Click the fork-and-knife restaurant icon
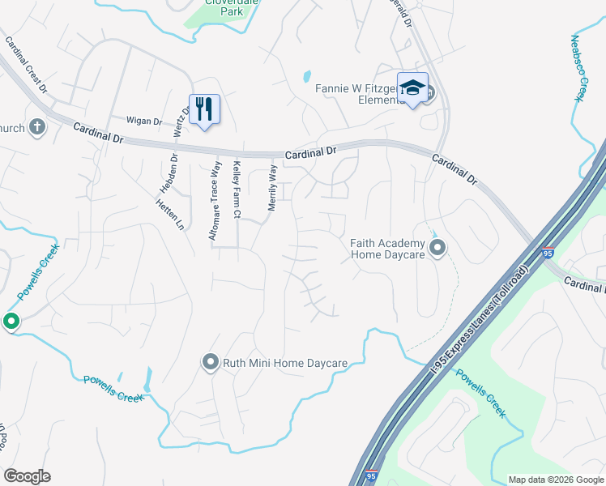click(x=204, y=108)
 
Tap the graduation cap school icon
click(x=412, y=88)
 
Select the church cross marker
click(x=36, y=126)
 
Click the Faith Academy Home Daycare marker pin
click(x=437, y=248)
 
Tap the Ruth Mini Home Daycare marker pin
click(x=211, y=362)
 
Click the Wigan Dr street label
click(x=145, y=121)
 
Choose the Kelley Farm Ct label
click(x=237, y=190)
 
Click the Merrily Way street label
click(x=273, y=189)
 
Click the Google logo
click(x=28, y=475)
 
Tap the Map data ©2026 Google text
click(x=555, y=480)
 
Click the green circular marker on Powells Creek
click(x=11, y=322)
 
